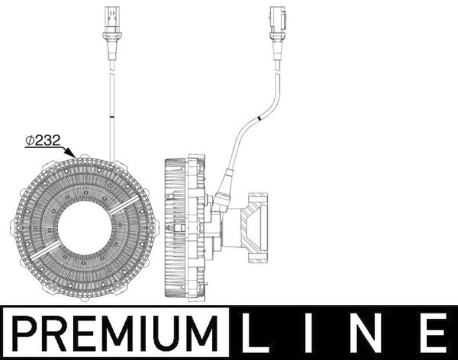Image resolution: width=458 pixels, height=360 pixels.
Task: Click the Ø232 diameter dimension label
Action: click(x=43, y=140)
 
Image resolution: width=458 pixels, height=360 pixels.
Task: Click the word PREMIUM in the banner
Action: click(x=115, y=334)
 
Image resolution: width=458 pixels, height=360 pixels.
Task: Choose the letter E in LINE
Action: click(x=433, y=333)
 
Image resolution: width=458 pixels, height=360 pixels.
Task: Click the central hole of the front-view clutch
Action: click(x=85, y=227)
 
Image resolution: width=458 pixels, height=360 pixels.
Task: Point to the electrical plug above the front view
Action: click(x=112, y=22)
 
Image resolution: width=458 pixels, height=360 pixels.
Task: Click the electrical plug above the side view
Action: click(x=278, y=22)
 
